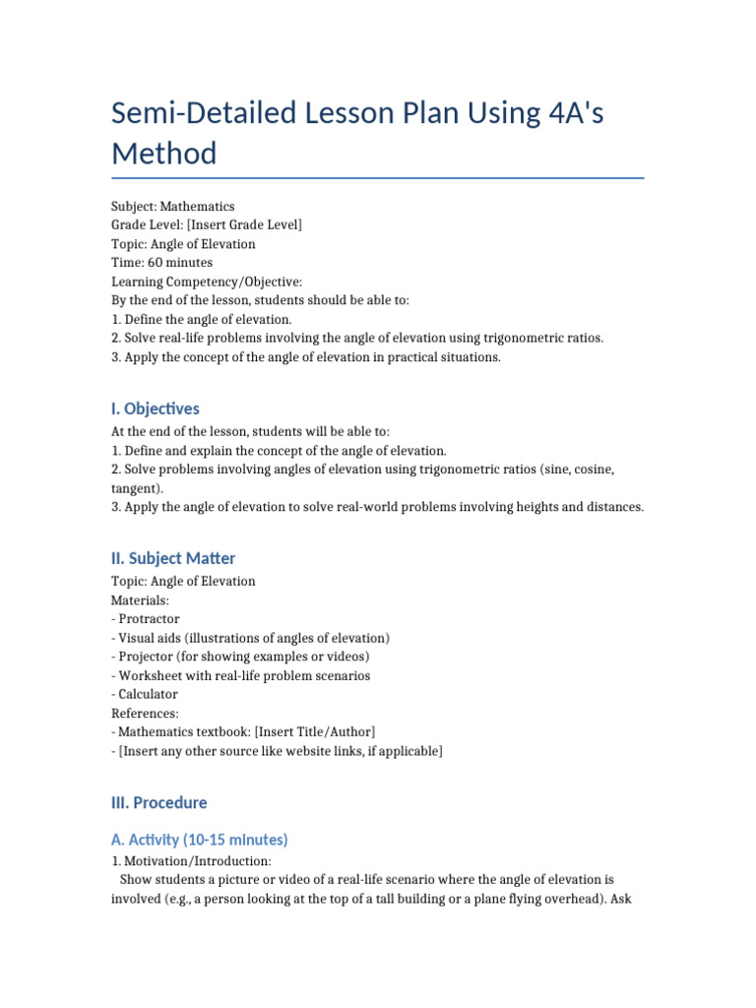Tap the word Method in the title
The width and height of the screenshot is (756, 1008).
coord(163,154)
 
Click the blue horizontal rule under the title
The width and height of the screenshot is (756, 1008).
coord(378,178)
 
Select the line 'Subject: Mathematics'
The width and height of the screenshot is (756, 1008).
coord(173,207)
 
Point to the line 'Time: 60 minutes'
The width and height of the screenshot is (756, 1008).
coord(161,263)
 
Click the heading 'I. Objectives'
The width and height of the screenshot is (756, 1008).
coord(156,409)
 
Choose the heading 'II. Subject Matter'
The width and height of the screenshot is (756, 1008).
coord(173,558)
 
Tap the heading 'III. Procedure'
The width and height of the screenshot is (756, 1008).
coord(159,802)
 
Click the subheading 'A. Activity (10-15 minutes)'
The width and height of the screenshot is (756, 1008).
coord(200,840)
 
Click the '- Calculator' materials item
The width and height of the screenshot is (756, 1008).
coord(145,694)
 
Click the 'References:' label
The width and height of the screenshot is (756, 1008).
coord(146,713)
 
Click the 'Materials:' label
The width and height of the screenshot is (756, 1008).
coord(140,599)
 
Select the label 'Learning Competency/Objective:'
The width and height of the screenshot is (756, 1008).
coord(200,282)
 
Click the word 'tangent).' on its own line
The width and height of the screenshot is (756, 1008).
coord(138,488)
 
